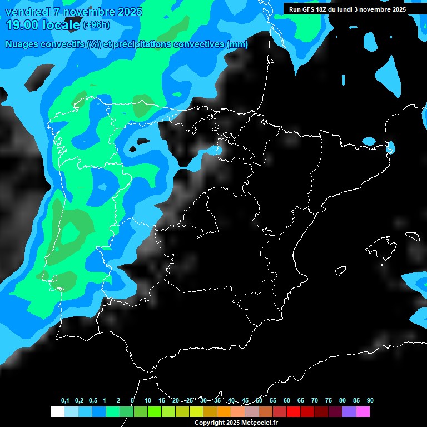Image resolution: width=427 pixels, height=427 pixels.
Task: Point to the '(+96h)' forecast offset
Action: tap(96, 25)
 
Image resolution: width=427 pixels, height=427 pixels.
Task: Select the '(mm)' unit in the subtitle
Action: tap(237, 44)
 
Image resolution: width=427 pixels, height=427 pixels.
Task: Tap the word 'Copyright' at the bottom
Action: tap(210, 423)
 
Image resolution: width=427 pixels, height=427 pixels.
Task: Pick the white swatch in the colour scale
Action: tap(57, 412)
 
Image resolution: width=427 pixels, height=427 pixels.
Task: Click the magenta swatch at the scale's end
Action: tap(363, 412)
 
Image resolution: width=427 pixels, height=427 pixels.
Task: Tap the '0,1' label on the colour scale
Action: tap(65, 400)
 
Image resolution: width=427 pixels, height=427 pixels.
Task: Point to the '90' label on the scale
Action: tap(370, 400)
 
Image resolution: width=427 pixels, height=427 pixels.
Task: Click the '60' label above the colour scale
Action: tap(286, 400)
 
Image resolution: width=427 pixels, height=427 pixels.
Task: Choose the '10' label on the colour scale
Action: tap(147, 400)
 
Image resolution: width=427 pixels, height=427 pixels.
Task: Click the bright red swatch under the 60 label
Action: tap(294, 412)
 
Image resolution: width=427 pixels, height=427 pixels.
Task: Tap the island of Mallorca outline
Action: tap(382, 245)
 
